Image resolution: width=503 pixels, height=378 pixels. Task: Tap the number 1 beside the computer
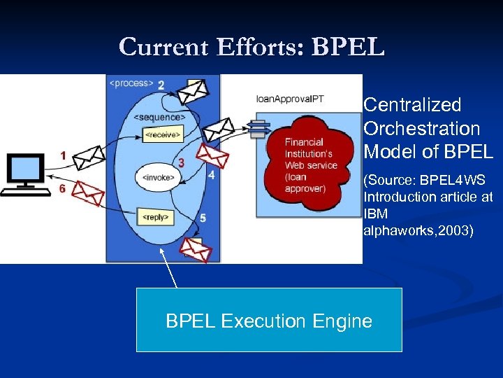(64, 157)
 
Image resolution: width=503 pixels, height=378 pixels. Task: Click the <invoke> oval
(158, 177)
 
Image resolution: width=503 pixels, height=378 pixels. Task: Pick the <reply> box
(155, 217)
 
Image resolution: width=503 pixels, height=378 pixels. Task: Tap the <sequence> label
(159, 117)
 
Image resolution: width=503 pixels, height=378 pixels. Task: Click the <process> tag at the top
(131, 83)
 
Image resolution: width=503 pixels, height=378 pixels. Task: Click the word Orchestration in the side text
(421, 129)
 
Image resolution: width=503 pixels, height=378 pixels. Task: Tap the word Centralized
(412, 105)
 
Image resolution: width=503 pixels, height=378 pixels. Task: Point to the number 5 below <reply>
(203, 218)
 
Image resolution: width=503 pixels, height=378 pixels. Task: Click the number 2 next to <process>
(161, 85)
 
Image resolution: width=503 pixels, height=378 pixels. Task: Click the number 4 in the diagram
(211, 176)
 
